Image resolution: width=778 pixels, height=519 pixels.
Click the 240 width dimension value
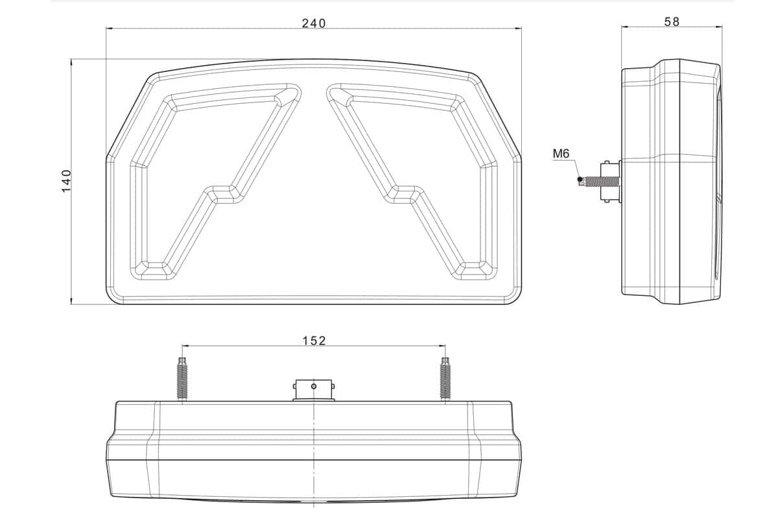(x=314, y=23)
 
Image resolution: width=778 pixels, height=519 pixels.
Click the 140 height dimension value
(x=65, y=181)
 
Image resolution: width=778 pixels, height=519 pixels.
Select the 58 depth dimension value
(x=672, y=21)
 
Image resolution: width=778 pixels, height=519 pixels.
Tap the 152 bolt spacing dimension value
(x=314, y=340)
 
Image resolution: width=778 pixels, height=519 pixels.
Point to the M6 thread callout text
(x=561, y=154)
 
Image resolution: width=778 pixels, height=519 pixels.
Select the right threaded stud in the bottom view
(x=445, y=380)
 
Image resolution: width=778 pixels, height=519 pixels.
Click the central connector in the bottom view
(x=314, y=389)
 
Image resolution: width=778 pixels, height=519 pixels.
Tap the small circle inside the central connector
(x=314, y=387)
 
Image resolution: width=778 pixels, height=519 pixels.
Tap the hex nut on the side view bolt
(x=610, y=182)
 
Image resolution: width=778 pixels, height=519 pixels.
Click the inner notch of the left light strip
(x=224, y=194)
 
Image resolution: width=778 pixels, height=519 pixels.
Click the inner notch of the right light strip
(x=403, y=194)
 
